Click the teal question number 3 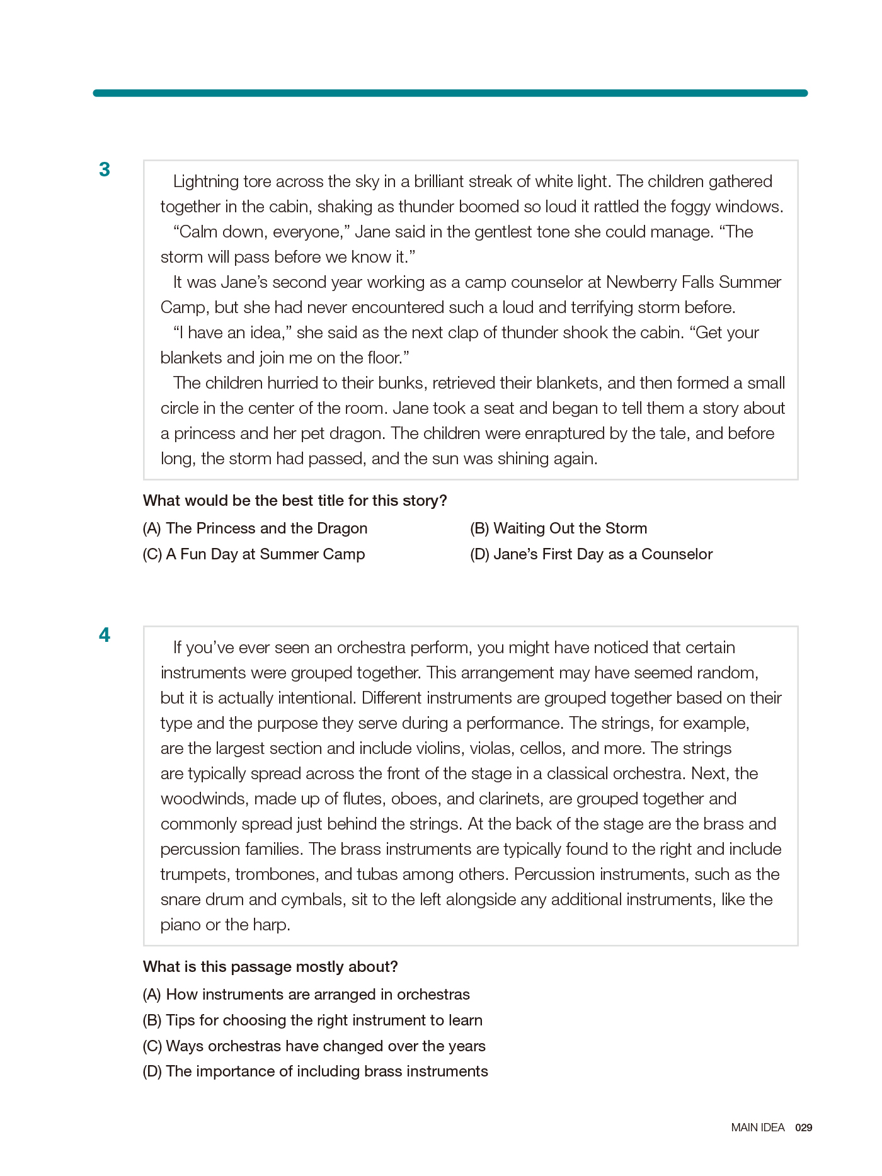pyautogui.click(x=105, y=169)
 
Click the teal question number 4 pyautogui.click(x=105, y=635)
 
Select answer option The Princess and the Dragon pyautogui.click(x=255, y=528)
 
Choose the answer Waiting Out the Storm pyautogui.click(x=558, y=528)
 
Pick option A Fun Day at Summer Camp pyautogui.click(x=254, y=554)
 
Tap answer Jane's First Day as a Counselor pyautogui.click(x=591, y=554)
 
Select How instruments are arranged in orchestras pyautogui.click(x=306, y=995)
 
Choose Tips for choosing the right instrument pyautogui.click(x=312, y=1020)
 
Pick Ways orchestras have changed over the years pyautogui.click(x=314, y=1046)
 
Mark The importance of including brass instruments pyautogui.click(x=315, y=1071)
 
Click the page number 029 pyautogui.click(x=803, y=1127)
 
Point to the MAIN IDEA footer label pyautogui.click(x=758, y=1127)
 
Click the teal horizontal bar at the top pyautogui.click(x=450, y=93)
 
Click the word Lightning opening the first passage pyautogui.click(x=205, y=182)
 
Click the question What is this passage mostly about pyautogui.click(x=270, y=967)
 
